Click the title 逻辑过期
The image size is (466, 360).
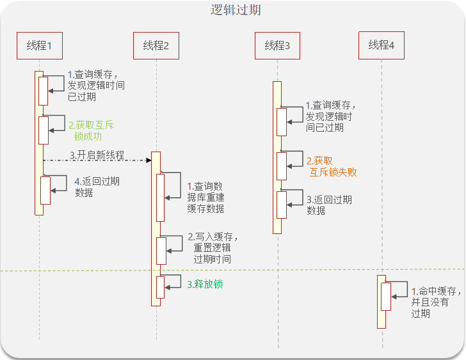(x=236, y=11)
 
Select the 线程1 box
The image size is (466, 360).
(x=39, y=45)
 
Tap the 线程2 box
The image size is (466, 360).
(x=156, y=45)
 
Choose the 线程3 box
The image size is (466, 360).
(x=277, y=45)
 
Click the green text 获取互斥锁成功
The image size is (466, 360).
(x=92, y=130)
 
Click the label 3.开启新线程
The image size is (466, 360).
(x=97, y=155)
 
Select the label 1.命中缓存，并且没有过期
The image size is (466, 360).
(x=436, y=302)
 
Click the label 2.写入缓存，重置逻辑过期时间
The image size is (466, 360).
(x=213, y=248)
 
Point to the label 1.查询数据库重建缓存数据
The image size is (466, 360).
(x=205, y=197)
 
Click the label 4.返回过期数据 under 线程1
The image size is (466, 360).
(x=96, y=187)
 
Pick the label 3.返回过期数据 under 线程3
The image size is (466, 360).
(x=329, y=205)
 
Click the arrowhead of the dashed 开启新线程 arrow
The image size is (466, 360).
(x=148, y=160)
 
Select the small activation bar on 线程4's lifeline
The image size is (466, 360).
(x=386, y=297)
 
